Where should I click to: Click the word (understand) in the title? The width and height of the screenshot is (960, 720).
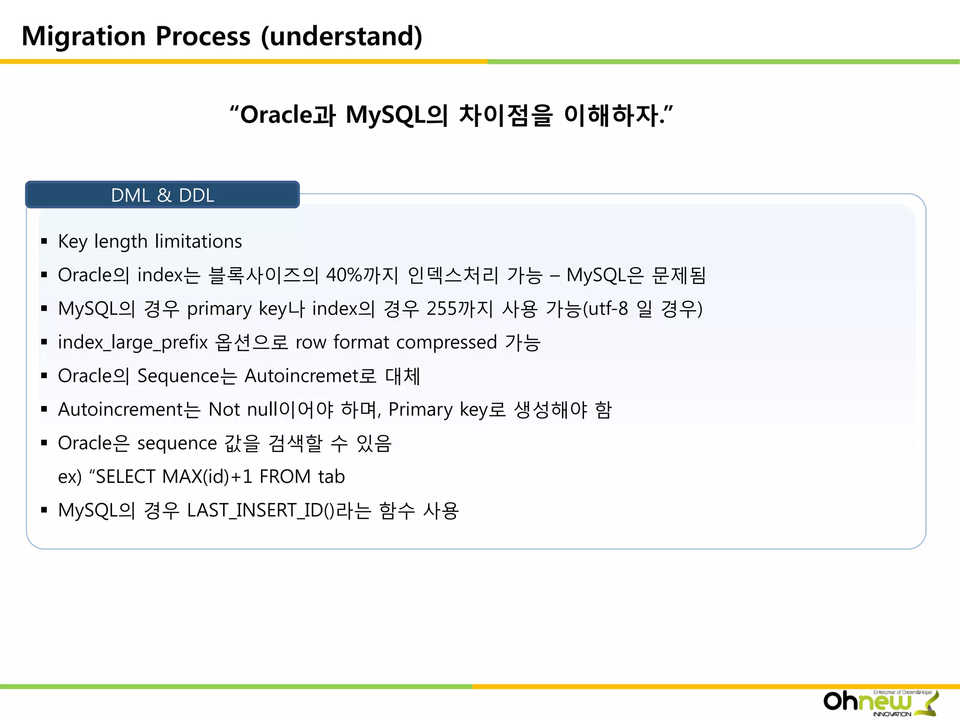click(341, 37)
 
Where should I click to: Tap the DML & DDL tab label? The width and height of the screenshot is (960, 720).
click(162, 195)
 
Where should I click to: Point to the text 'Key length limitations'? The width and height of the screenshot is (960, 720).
click(150, 241)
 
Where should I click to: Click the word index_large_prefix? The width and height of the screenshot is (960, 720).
click(133, 343)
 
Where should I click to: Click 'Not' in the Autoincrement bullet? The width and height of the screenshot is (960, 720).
click(225, 410)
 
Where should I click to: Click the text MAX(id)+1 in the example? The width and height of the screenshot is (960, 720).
click(207, 477)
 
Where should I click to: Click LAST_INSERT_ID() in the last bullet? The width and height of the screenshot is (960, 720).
click(261, 510)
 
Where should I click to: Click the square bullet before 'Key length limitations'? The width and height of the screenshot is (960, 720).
click(44, 242)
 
